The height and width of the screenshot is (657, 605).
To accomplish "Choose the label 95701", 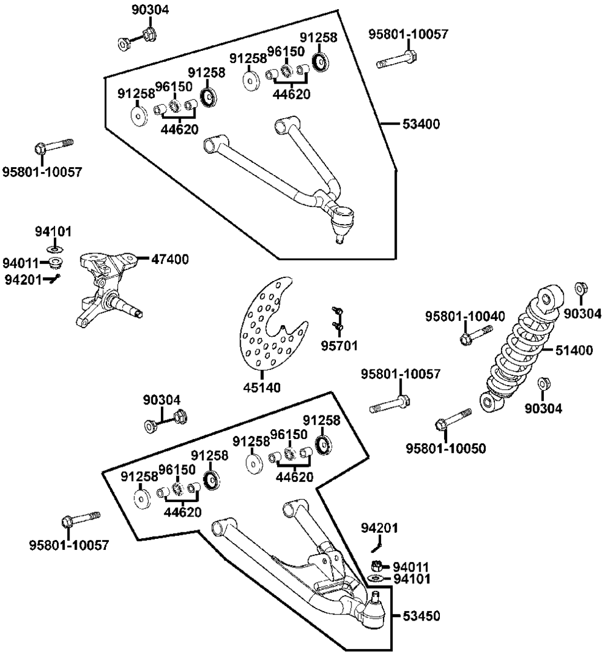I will (x=339, y=346).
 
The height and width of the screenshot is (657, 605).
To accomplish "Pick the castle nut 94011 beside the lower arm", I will (x=376, y=567).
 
